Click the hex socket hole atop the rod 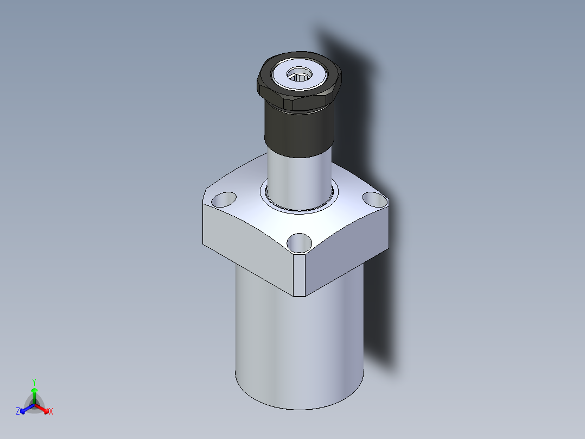pos(299,74)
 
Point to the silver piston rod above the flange pos(299,179)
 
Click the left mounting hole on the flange pos(224,199)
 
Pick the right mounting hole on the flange pos(375,199)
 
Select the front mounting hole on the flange pos(299,243)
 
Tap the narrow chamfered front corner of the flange pos(299,275)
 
